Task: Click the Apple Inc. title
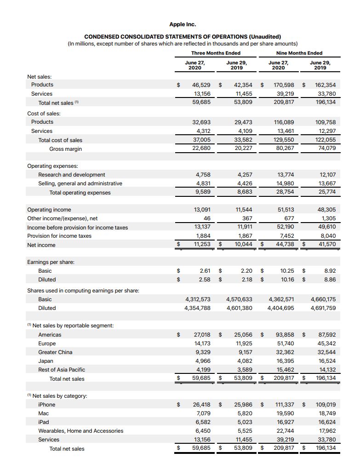183,24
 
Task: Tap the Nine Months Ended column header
299,53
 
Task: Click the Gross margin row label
63,149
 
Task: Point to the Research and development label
71,175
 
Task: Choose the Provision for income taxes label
59,236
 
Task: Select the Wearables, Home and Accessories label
80,431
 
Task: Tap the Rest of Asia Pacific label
62,370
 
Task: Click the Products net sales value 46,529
201,85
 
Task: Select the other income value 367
247,218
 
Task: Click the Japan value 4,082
244,361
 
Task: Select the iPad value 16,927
286,422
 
